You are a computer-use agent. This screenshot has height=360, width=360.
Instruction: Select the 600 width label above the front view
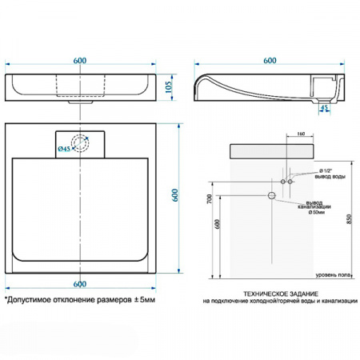coord(80,61)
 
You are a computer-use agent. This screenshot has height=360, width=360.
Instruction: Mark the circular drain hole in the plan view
coord(80,145)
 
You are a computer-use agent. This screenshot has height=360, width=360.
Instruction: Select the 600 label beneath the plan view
coord(80,284)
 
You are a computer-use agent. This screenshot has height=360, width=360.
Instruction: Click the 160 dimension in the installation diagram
coord(300,134)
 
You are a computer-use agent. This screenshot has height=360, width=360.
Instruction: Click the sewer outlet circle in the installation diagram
coord(271,195)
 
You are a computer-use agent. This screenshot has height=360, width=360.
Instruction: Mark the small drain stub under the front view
coord(74,100)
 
